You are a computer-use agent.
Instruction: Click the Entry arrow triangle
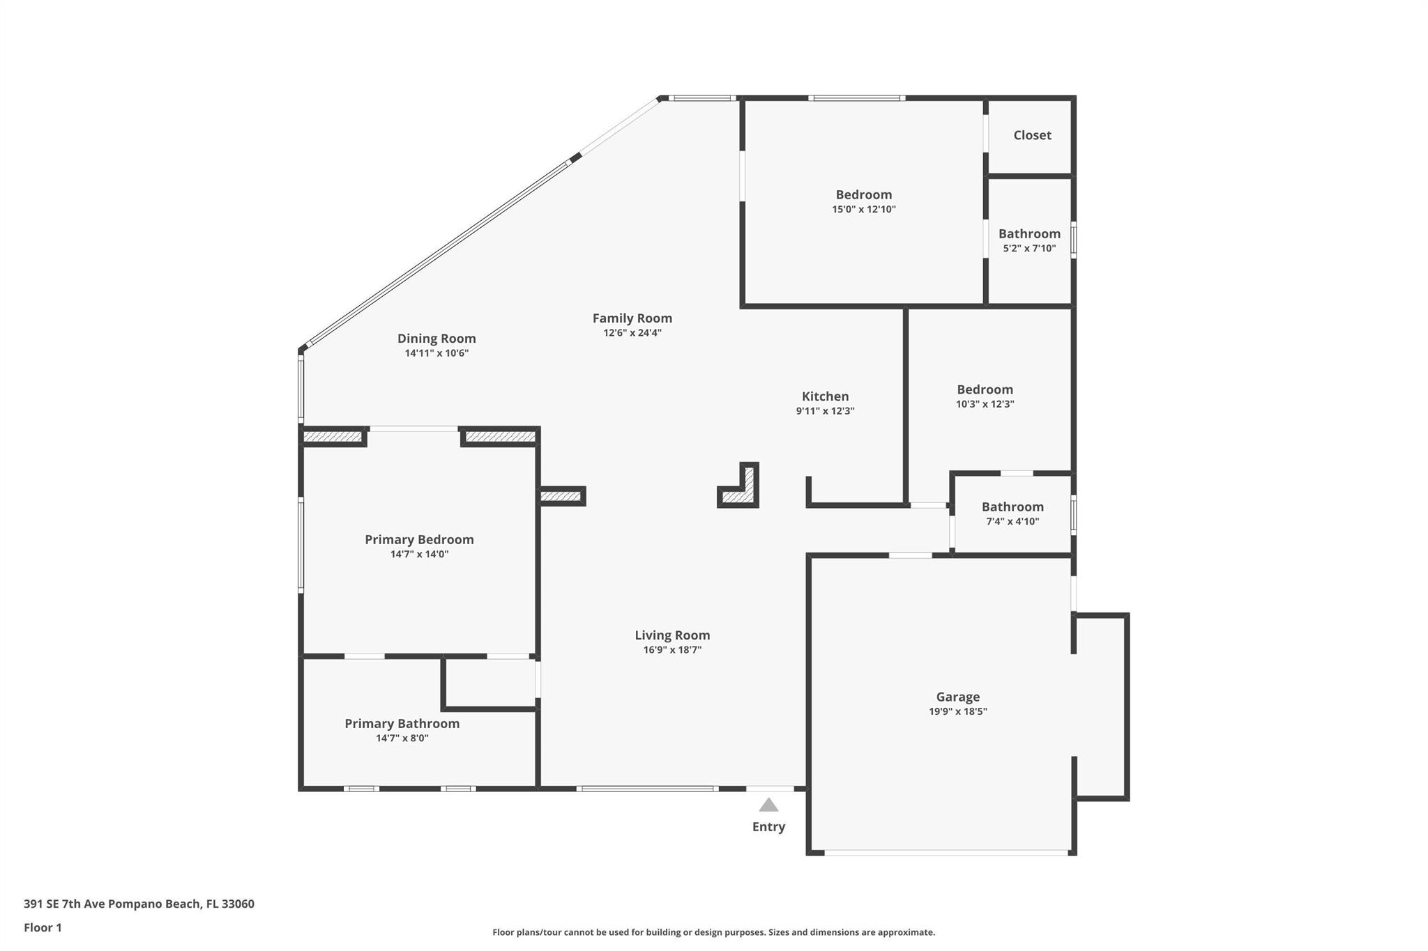point(768,805)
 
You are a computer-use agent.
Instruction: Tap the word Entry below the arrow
point(768,827)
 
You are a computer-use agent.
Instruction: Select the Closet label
point(1032,135)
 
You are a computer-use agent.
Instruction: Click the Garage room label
point(958,697)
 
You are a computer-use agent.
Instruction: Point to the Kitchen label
point(826,396)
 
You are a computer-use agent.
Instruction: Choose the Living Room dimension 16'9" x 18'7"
point(672,650)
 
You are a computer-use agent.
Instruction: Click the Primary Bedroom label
point(419,540)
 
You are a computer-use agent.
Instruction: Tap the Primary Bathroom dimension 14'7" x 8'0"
point(402,739)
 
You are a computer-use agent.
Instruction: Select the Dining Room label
point(436,339)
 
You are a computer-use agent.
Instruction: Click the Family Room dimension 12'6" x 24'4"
point(632,333)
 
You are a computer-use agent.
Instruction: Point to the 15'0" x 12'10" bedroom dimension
point(864,210)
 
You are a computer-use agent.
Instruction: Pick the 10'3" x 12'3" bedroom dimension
point(985,404)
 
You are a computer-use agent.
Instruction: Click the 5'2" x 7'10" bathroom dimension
point(1029,249)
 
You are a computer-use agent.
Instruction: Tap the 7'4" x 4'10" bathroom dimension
point(1012,522)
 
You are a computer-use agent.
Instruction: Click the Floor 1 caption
point(43,928)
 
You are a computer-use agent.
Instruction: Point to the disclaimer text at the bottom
point(713,932)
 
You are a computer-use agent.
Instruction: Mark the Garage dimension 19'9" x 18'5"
point(958,712)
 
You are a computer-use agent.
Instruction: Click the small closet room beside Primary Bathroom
point(490,683)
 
